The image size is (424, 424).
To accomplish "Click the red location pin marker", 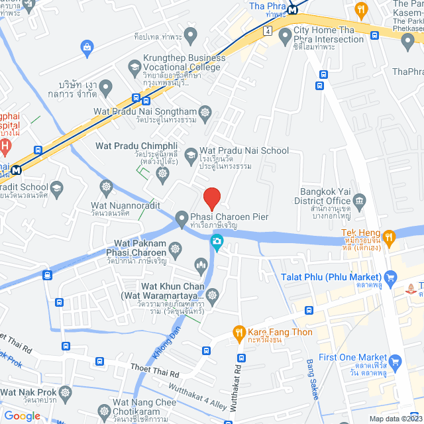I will (x=211, y=198).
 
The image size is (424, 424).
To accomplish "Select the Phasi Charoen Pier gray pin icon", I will (x=182, y=219).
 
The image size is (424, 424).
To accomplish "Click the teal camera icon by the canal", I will (x=216, y=244).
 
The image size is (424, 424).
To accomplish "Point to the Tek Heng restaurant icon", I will (x=390, y=235).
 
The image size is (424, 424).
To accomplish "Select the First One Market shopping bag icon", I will (x=396, y=362).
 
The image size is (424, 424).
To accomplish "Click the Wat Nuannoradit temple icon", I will (x=105, y=187).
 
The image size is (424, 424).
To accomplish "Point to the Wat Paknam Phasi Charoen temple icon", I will (x=175, y=250).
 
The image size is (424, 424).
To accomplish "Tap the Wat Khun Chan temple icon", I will (x=212, y=294).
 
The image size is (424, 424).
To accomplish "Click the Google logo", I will (x=21, y=415).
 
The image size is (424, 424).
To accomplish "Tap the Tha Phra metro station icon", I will (x=291, y=9).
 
